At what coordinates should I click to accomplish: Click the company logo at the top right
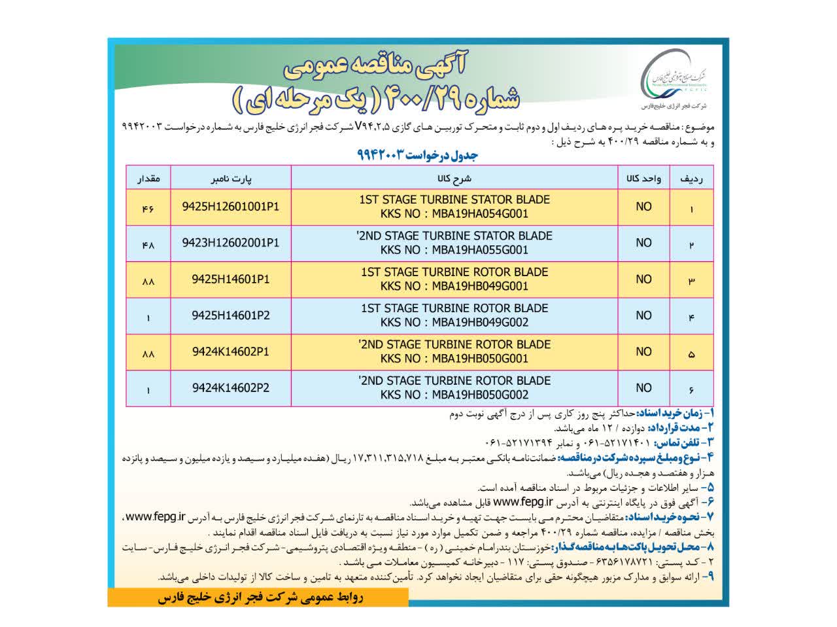[677, 79]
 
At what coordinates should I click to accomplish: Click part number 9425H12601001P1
[231, 206]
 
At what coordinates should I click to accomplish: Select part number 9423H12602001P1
[231, 243]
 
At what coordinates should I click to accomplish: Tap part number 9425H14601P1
[231, 279]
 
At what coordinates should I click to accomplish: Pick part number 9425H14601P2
[231, 315]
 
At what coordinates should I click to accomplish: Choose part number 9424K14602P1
[231, 351]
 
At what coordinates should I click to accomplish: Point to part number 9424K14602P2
[231, 388]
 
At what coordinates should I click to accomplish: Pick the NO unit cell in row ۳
[643, 279]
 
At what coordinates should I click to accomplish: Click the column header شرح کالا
[454, 178]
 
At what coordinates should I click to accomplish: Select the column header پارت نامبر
[231, 178]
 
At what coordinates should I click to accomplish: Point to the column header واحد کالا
[643, 178]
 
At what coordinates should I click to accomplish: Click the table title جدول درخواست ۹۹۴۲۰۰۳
[418, 154]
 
